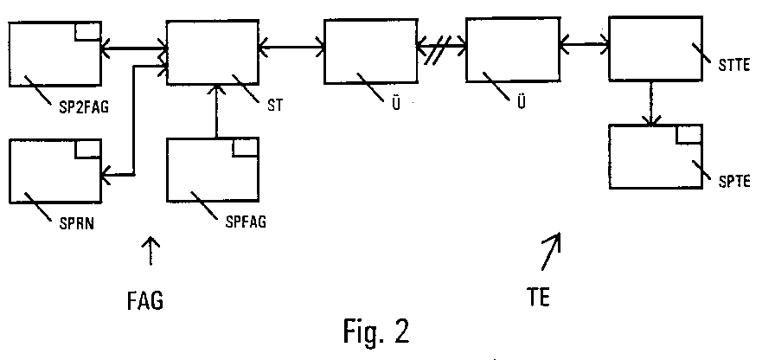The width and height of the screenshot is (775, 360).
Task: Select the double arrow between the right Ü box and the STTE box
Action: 585,42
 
